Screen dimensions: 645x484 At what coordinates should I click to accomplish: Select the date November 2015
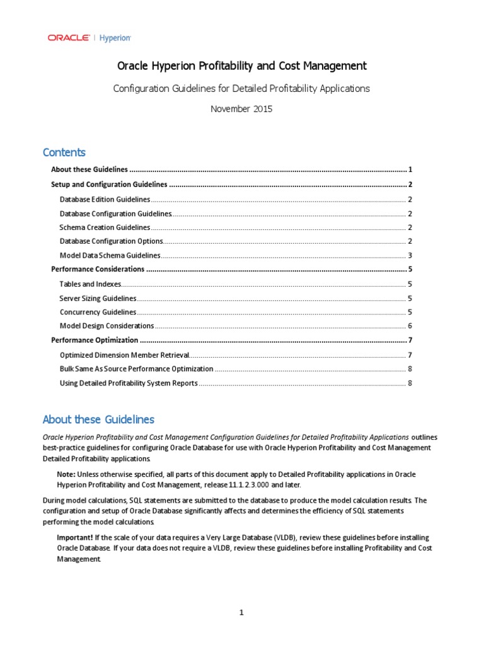241,108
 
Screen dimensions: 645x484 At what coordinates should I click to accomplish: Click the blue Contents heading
64,152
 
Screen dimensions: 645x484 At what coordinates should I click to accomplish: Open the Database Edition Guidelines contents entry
105,200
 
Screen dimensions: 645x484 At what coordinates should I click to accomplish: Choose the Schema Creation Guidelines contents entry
105,227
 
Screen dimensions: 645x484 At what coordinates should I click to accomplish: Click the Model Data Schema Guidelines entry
110,256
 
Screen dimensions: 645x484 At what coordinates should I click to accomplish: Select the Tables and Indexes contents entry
89,284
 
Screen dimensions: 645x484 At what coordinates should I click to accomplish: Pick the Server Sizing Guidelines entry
98,298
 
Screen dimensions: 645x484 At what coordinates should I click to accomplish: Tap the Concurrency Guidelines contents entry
97,312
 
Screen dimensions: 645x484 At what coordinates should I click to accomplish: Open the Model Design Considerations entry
107,326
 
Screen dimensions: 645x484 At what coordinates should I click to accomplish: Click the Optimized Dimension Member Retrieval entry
124,355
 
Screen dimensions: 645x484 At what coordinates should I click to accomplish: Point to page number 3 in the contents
410,256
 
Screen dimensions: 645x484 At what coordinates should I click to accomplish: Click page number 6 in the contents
410,326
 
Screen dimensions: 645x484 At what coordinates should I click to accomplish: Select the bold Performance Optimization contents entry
94,340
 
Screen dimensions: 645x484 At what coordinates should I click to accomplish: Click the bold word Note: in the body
67,474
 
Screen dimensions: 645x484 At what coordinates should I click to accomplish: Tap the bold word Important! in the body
75,537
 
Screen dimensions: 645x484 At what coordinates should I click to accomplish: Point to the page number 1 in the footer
241,613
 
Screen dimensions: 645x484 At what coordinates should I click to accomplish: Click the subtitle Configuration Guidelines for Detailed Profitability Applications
241,89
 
